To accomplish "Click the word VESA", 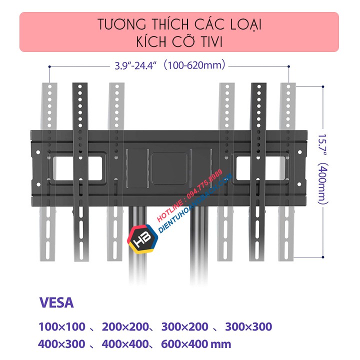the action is tap(56, 303).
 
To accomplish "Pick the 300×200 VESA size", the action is tap(185, 327).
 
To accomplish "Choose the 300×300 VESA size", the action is tap(248, 327).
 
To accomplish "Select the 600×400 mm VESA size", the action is tap(196, 344).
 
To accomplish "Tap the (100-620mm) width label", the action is tap(195, 65).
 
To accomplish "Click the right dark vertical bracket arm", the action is tap(258, 170).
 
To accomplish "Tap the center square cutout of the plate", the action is tap(170, 163).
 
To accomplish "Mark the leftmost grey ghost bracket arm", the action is tap(50, 170).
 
